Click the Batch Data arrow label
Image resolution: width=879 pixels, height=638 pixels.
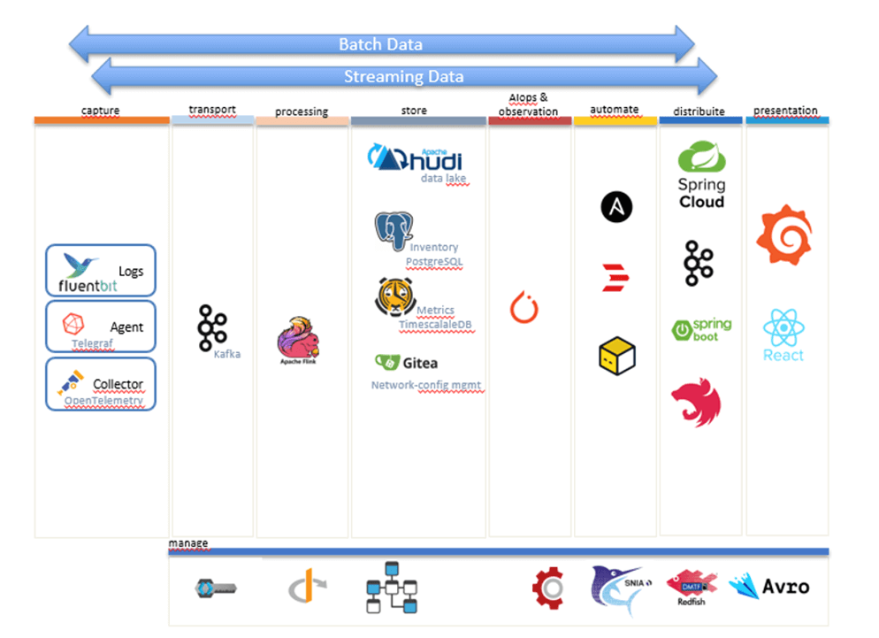[x=380, y=44]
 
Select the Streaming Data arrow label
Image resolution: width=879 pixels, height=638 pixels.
[x=403, y=77]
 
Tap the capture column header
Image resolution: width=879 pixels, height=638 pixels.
[x=100, y=111]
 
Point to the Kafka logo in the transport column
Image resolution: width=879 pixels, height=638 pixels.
[x=212, y=325]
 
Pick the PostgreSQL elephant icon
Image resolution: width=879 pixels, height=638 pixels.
[x=394, y=232]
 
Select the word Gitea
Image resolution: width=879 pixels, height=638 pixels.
[x=420, y=363]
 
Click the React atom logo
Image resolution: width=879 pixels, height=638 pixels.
[x=783, y=328]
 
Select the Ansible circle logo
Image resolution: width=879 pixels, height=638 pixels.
[x=616, y=208]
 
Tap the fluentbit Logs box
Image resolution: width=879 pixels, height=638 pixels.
[x=101, y=271]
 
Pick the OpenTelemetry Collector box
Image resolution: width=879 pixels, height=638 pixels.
[x=101, y=383]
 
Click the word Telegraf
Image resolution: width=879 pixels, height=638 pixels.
[x=93, y=342]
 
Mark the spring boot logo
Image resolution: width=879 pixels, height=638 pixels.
[x=701, y=329]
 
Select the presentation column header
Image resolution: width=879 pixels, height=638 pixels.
[x=785, y=111]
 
